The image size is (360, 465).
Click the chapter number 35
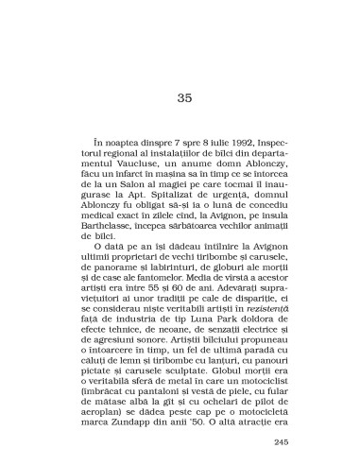pos(184,97)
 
